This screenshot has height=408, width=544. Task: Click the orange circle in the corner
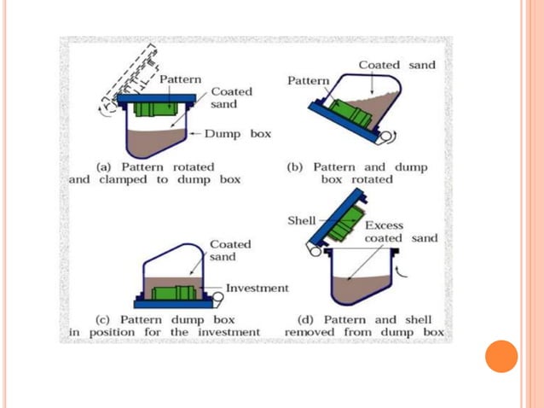[x=501, y=356]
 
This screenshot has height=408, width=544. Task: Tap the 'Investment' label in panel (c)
[x=257, y=288]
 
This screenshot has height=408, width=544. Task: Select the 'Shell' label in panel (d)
[x=301, y=220]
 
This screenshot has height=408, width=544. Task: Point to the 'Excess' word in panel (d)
[x=384, y=225]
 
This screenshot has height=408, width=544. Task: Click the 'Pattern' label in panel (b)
[x=308, y=80]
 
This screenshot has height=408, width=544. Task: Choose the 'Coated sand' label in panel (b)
[x=396, y=65]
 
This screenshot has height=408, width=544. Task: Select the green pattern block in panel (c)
[x=175, y=293]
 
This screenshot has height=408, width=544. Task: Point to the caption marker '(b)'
[x=296, y=166]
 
